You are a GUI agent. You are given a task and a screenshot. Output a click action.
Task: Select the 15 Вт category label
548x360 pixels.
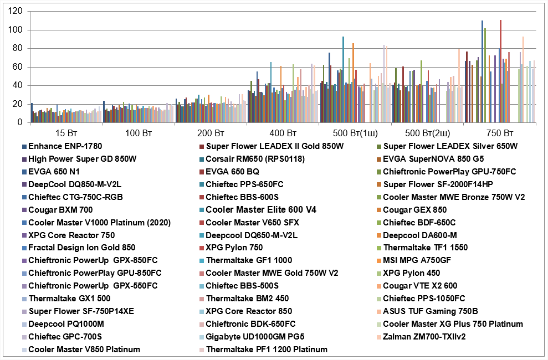point(66,133)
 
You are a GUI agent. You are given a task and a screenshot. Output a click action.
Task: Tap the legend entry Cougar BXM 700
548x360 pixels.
point(60,210)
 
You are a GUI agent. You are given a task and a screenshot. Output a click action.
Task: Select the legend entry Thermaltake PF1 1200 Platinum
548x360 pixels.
point(267,349)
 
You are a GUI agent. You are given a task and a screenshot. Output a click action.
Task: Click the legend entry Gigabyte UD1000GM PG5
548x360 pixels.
point(255,337)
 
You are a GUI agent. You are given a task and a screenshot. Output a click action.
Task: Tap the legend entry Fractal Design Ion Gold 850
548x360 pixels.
point(81,248)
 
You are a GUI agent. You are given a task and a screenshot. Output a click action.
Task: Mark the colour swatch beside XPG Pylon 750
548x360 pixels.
point(202,248)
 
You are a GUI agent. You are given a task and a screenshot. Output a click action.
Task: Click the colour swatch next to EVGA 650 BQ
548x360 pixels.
point(202,172)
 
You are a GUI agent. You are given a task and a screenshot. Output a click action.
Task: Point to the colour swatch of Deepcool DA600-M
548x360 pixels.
point(379,235)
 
